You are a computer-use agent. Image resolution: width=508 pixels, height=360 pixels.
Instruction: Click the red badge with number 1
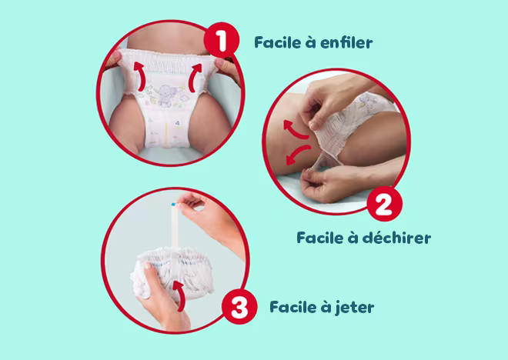click(222, 40)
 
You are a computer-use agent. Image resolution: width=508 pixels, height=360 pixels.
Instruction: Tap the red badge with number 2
click(385, 204)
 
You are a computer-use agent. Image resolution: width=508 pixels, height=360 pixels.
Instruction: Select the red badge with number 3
click(239, 306)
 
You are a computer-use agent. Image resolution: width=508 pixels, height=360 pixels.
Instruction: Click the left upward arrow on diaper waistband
click(140, 76)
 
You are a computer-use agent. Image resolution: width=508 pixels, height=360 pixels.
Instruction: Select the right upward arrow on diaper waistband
click(195, 78)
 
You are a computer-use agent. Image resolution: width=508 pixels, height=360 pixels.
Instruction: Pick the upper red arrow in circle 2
click(295, 130)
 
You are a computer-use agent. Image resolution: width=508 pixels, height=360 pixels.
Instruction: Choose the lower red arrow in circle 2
click(297, 155)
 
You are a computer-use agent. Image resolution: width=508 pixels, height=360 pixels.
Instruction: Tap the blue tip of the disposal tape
click(173, 205)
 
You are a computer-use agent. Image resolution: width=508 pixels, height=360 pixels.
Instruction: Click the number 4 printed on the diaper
click(177, 123)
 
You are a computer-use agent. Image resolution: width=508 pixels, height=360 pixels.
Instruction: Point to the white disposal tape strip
click(174, 227)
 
